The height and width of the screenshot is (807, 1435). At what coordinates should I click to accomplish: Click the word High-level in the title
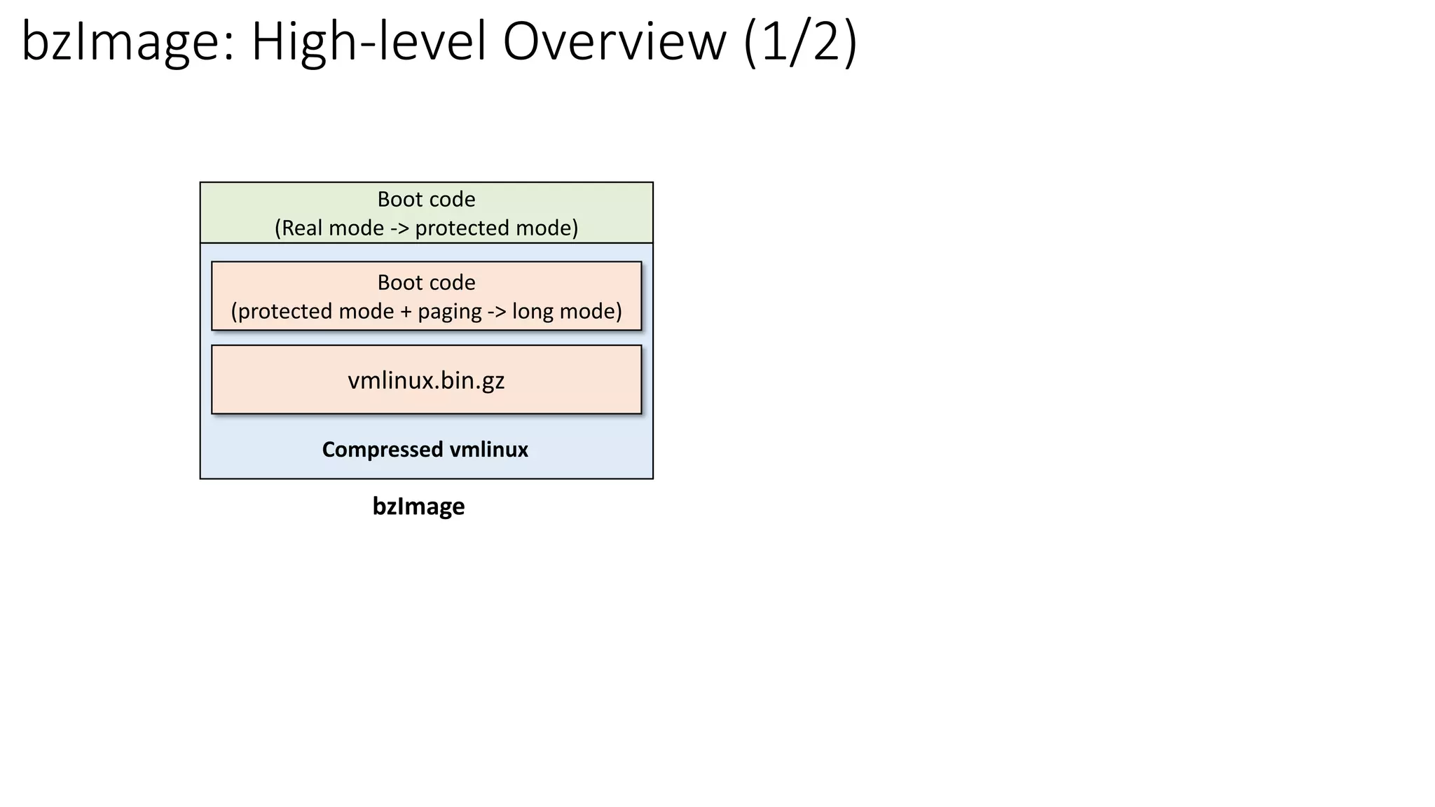point(369,42)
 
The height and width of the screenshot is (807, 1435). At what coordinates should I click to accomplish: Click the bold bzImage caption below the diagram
point(418,506)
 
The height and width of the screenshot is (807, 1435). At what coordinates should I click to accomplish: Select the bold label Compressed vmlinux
point(425,450)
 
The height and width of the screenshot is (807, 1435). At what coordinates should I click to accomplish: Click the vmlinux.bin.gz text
point(426,380)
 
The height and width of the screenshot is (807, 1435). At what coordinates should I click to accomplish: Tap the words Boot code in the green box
point(426,200)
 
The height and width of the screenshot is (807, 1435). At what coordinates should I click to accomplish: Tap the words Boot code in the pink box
point(426,282)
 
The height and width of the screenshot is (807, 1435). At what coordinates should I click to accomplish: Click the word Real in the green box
point(302,228)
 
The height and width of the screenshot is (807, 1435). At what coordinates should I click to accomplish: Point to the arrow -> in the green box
point(399,228)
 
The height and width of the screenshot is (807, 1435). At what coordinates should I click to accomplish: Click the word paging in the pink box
point(449,312)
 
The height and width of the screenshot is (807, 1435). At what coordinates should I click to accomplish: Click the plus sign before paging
point(406,312)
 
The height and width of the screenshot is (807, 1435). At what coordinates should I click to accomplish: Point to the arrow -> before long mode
point(497,312)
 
